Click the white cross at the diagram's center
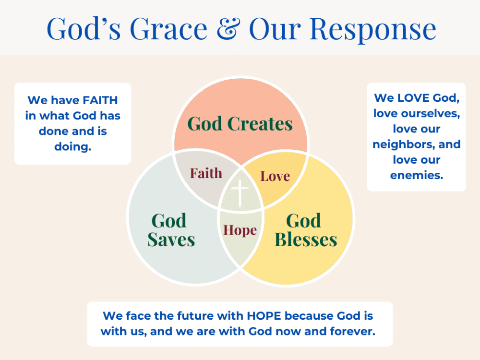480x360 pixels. pyautogui.click(x=240, y=192)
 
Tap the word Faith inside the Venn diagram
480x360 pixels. pyautogui.click(x=206, y=173)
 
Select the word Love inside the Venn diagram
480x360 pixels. pyautogui.click(x=275, y=176)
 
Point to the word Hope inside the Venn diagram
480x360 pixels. pyautogui.click(x=240, y=230)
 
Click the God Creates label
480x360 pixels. pyautogui.click(x=240, y=124)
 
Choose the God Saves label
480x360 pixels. pyautogui.click(x=171, y=230)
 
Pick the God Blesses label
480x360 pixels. pyautogui.click(x=306, y=230)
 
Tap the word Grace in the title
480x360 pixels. pyautogui.click(x=168, y=28)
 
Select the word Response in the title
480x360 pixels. pyautogui.click(x=373, y=30)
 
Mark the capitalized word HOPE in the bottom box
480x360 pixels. pyautogui.click(x=264, y=316)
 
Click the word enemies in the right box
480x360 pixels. pyautogui.click(x=417, y=175)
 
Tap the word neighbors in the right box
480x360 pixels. pyautogui.click(x=404, y=144)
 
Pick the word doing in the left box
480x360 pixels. pyautogui.click(x=73, y=147)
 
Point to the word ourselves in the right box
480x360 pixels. pyautogui.click(x=431, y=114)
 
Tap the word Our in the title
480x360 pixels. pyautogui.click(x=275, y=28)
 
